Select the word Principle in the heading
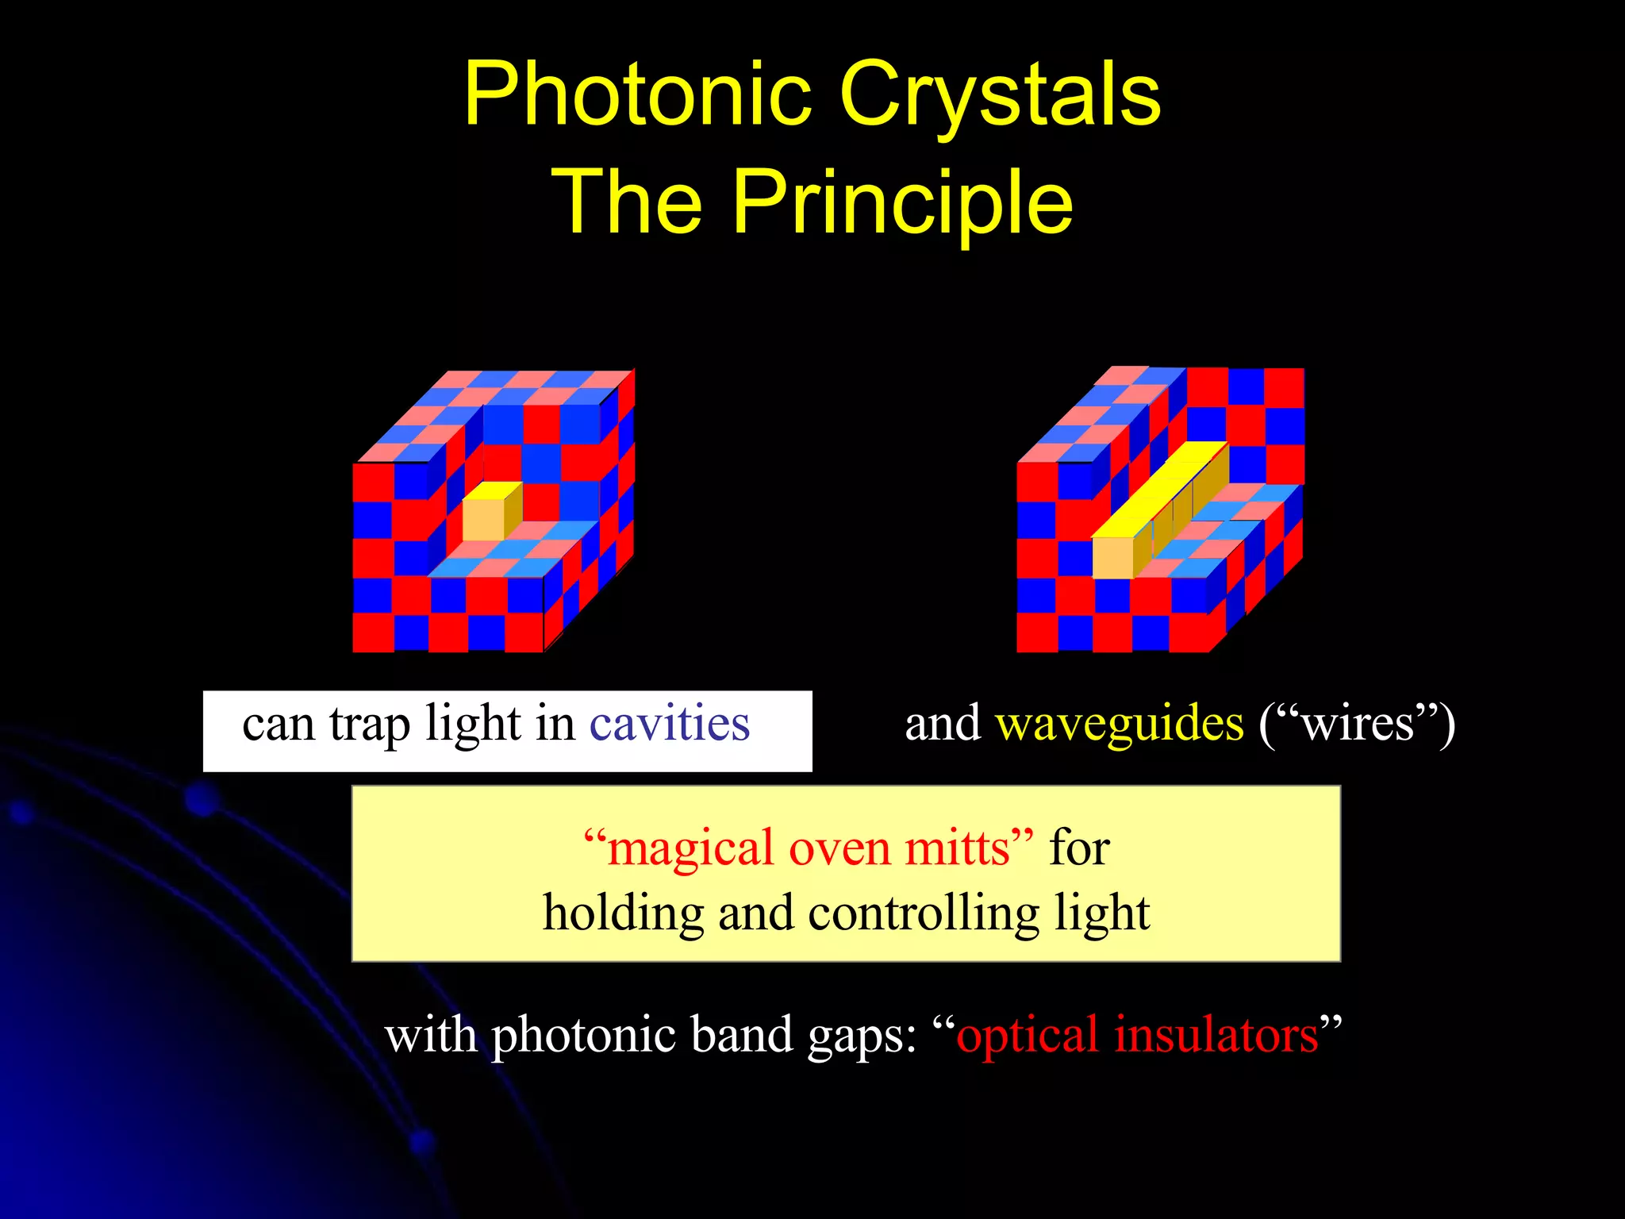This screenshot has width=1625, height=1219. tap(902, 202)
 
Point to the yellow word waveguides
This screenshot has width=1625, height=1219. tap(1120, 724)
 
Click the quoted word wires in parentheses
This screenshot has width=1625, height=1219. tap(1358, 724)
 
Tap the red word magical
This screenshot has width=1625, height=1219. tap(690, 848)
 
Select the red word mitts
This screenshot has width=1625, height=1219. tap(958, 848)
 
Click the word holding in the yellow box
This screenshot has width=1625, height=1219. tap(623, 913)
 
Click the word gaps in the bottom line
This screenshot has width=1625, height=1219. tap(861, 1036)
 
